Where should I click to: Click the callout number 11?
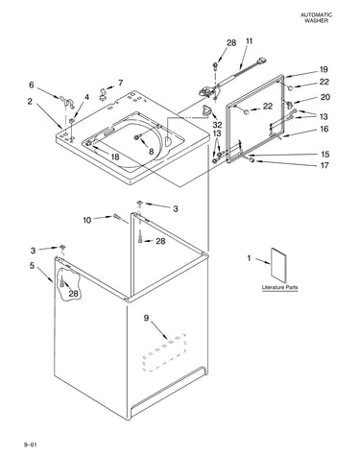point(250,41)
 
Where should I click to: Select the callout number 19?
point(324,69)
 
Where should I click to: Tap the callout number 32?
point(217,124)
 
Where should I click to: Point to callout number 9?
point(146,318)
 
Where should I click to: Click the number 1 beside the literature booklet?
point(250,258)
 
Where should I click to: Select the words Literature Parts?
point(279,287)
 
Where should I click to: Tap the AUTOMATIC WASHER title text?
point(316,17)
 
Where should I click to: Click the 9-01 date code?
point(30,444)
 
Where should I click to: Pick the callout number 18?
point(115,156)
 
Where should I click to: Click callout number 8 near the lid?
point(151,151)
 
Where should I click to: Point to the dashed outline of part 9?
point(164,352)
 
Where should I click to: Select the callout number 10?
point(87,220)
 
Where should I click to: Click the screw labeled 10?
point(117,217)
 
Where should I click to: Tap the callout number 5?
point(32,266)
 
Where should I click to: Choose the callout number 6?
point(32,84)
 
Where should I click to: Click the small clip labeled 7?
point(103,92)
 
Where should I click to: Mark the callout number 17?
point(324,165)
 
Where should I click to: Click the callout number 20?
point(325,97)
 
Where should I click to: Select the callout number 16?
point(324,129)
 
